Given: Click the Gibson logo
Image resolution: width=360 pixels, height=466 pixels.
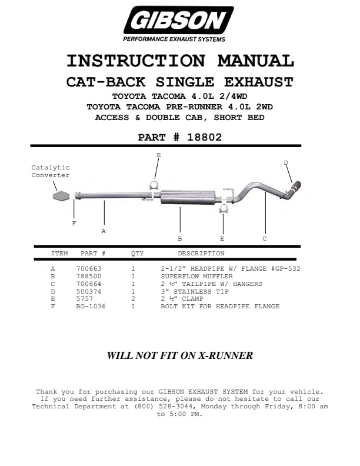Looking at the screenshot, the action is pos(178,24).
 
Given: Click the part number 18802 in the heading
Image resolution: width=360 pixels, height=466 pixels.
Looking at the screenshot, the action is pos(205,137).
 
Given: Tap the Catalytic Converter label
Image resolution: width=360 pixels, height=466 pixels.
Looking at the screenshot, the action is pos(51,171).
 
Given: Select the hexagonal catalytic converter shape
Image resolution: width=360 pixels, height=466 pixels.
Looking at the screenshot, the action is pos(61,196).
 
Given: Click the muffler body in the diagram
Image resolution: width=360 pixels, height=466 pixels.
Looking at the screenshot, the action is pos(188,197).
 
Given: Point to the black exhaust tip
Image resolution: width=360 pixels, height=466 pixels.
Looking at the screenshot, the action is pos(295,188).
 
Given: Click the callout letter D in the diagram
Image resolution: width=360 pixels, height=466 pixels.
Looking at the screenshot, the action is pos(286,163).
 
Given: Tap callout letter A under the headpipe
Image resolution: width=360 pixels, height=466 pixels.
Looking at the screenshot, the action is pos(104,231).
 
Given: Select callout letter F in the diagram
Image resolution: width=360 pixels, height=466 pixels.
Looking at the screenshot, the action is pos(74,224).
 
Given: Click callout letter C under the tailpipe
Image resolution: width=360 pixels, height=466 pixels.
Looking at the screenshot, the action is pos(265,239).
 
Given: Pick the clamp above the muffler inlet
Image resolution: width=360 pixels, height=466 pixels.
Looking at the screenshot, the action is pos(154,185).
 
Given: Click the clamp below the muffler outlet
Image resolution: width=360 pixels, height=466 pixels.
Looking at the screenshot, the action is pos(224,209).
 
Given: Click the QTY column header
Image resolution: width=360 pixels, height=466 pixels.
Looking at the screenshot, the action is pos(137,254).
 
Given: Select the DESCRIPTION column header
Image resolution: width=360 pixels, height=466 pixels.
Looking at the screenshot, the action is pos(201,254).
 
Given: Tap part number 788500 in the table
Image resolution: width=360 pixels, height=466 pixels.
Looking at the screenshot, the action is pos(89,277).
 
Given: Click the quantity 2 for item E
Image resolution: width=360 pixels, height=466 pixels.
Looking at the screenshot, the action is pos(133,299).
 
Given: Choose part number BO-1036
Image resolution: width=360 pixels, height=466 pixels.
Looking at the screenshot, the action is pos(91,307).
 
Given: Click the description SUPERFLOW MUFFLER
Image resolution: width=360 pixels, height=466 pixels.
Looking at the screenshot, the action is pos(197,277).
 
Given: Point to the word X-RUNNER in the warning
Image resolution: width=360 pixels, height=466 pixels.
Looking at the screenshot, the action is pos(225,355).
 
